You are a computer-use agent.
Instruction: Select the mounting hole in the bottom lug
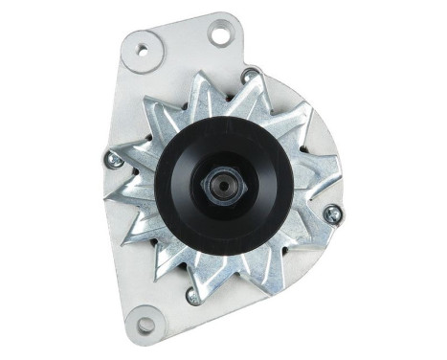[x=144, y=325]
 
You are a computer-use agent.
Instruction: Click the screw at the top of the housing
[x=250, y=74]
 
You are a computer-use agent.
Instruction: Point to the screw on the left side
[x=114, y=160]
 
